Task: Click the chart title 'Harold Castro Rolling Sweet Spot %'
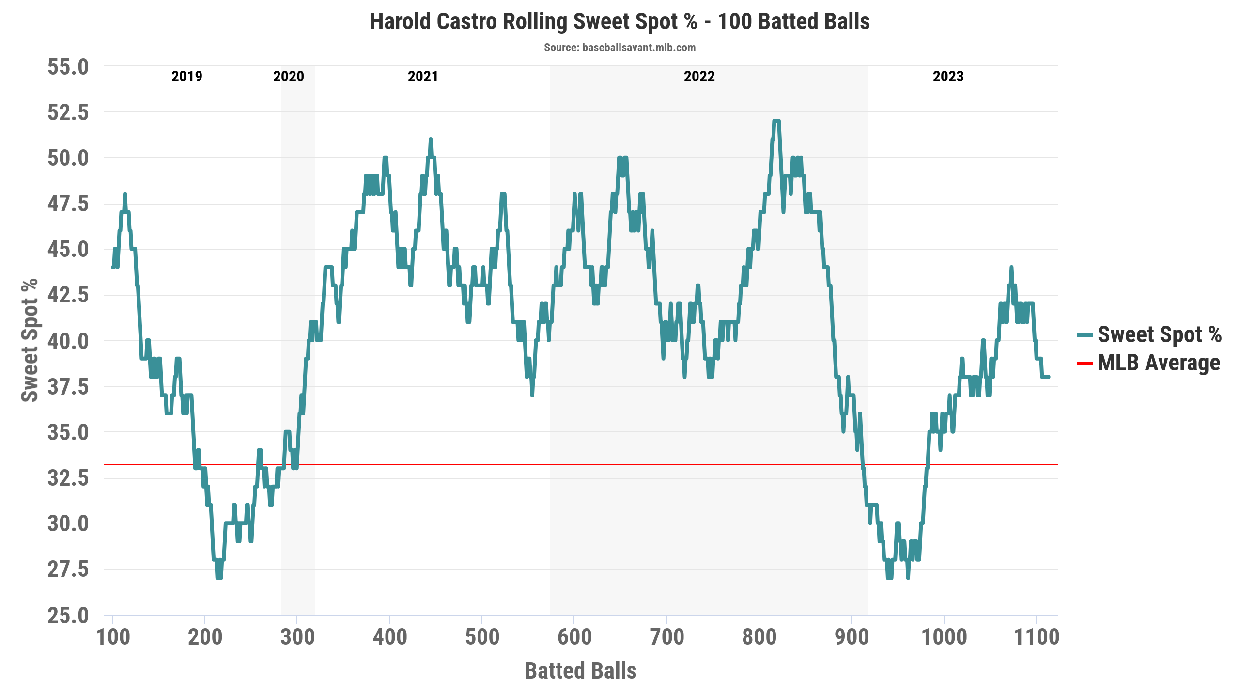coord(620,22)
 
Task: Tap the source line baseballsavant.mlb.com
coord(620,48)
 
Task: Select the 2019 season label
coord(187,77)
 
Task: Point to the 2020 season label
coord(289,77)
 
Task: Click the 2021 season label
coord(423,77)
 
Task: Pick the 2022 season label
coord(699,77)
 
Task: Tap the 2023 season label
coord(948,77)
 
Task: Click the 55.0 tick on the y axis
coord(68,67)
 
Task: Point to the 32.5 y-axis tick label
coord(68,478)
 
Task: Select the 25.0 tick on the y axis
coord(68,616)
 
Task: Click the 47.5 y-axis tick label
coord(68,204)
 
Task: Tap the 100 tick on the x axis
coord(113,637)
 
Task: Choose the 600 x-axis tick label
coord(574,637)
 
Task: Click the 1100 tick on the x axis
coord(1037,637)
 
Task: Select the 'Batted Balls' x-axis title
coord(580,671)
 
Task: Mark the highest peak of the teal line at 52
coord(776,121)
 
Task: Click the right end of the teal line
coord(1049,377)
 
